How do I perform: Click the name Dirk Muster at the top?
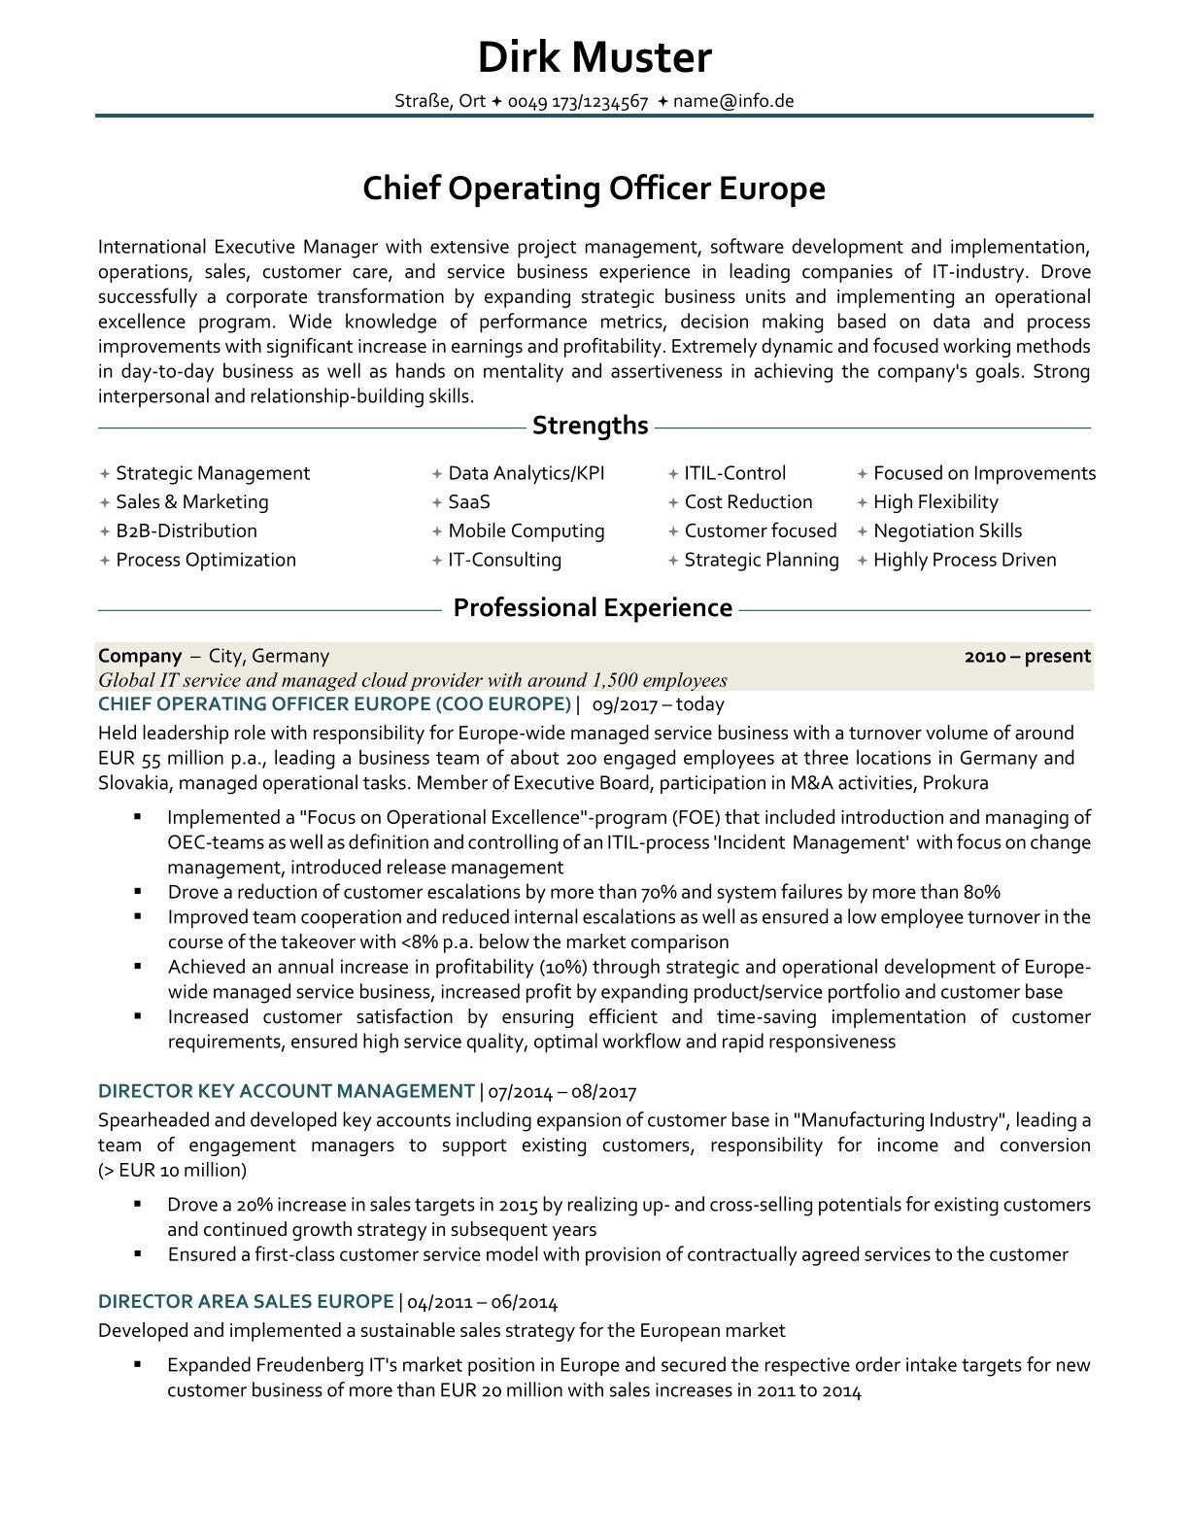tap(594, 57)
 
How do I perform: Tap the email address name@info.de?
tap(733, 101)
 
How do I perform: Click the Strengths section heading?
tap(591, 426)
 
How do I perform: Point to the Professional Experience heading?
tap(593, 608)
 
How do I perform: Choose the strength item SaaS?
tap(468, 502)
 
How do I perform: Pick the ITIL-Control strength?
tap(734, 473)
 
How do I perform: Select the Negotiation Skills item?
tap(947, 531)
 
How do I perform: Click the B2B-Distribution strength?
tap(187, 531)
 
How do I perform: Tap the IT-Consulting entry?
tap(504, 560)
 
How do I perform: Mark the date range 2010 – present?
tap(1027, 656)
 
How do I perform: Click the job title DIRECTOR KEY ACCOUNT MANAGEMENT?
tap(287, 1091)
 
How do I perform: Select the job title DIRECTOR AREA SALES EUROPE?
tap(246, 1302)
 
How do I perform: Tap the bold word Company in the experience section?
tap(140, 656)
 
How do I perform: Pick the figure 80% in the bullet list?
tap(981, 892)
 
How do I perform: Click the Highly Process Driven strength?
tap(964, 560)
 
